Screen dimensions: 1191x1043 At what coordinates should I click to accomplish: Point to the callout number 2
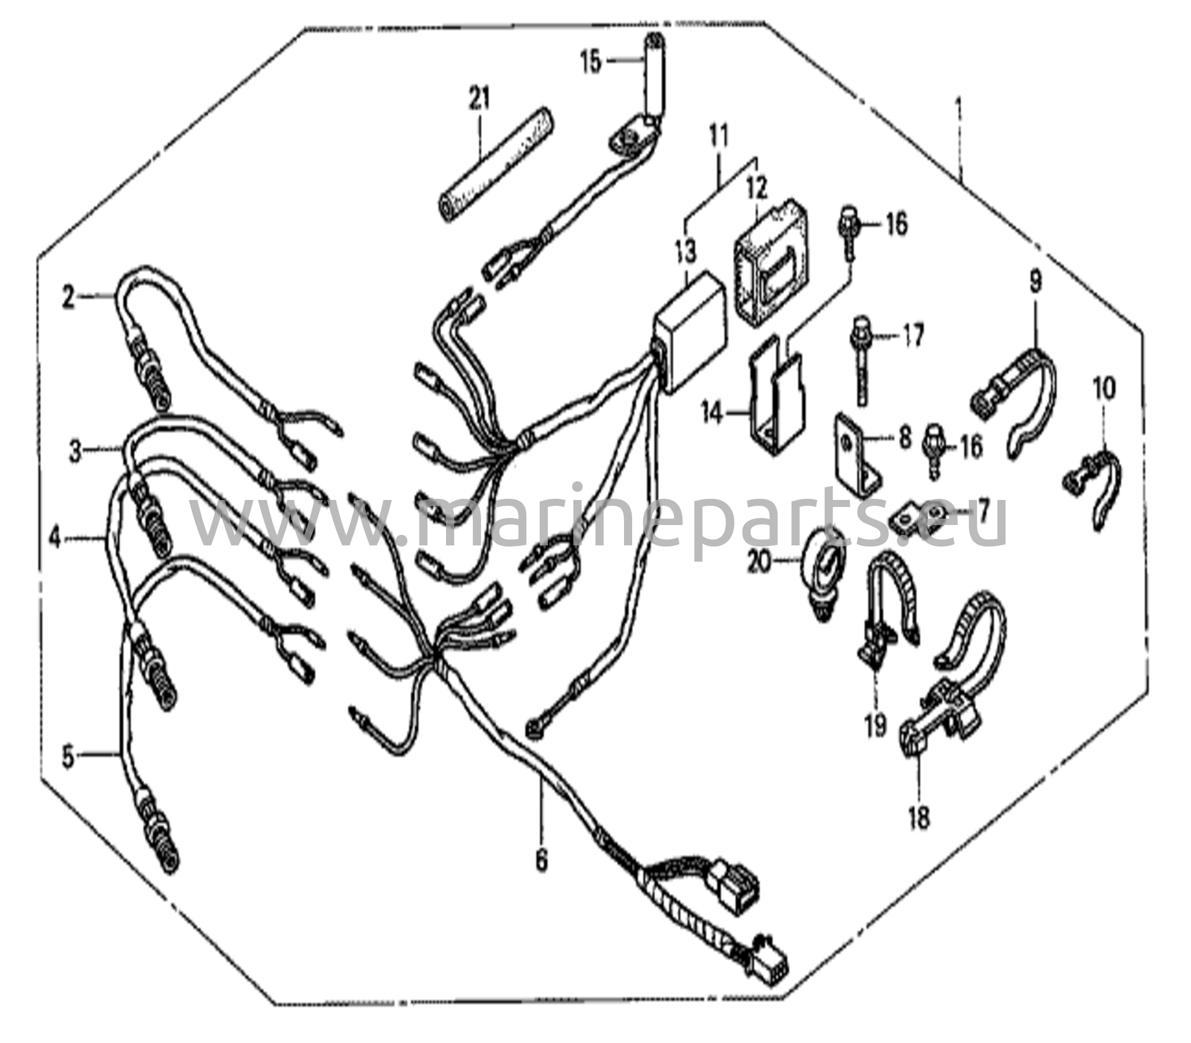(x=69, y=299)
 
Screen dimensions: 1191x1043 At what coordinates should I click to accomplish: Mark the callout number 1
(x=958, y=110)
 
